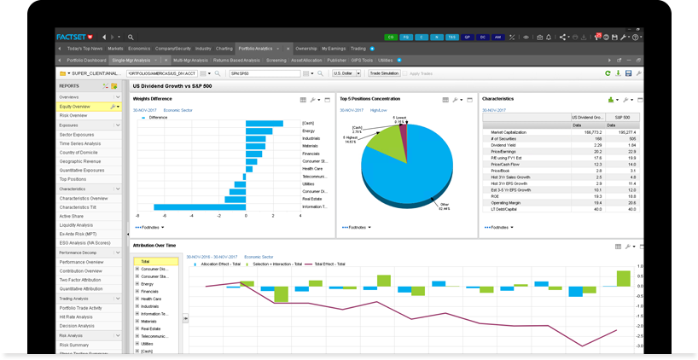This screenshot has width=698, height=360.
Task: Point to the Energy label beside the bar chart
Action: (310, 131)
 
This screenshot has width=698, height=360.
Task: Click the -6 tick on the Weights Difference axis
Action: (137, 216)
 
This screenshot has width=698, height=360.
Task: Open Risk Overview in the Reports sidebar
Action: (73, 115)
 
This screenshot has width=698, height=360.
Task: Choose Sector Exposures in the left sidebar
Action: (77, 135)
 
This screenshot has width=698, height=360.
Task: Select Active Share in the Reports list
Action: (72, 217)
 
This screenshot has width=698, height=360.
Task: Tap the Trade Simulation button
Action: (384, 74)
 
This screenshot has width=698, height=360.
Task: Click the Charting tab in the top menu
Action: (224, 49)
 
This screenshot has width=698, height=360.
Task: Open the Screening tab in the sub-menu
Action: (276, 61)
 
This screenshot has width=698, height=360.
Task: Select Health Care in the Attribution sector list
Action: (151, 299)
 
